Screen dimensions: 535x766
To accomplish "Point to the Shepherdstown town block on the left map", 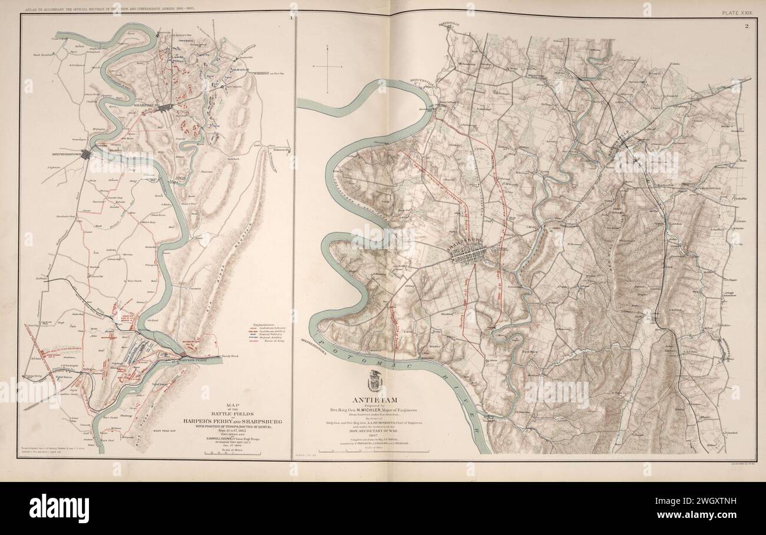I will point(85,154).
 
